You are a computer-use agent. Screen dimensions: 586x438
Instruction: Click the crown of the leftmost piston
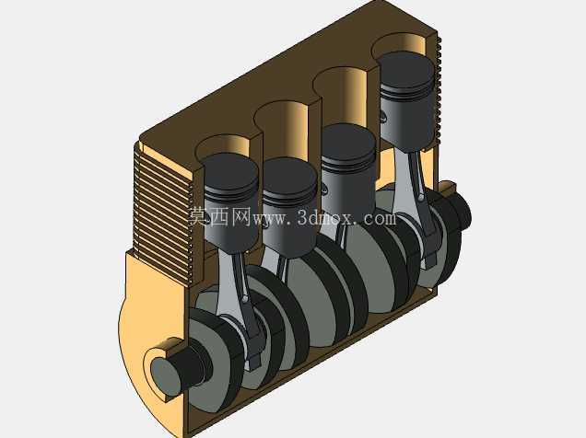230,172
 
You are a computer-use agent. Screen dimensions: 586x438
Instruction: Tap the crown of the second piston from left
289,178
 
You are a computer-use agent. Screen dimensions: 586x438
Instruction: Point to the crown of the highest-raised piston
406,72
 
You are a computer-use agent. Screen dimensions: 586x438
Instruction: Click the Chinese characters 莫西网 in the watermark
219,216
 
